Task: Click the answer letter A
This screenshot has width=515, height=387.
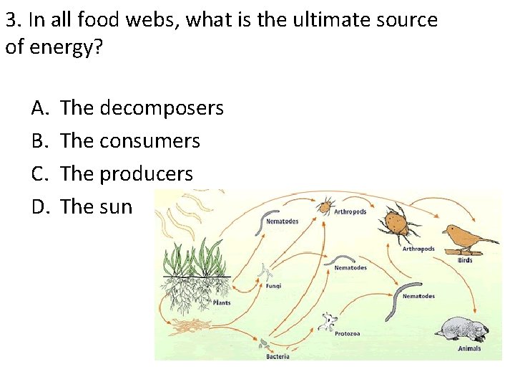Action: [39, 109]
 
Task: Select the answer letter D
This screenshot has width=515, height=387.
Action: [39, 207]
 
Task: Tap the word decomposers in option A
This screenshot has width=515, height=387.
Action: [162, 109]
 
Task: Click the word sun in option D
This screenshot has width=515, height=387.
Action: [116, 207]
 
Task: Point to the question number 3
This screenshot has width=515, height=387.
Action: [10, 20]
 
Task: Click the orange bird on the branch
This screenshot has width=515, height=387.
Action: [464, 237]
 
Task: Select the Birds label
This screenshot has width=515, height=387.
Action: [465, 260]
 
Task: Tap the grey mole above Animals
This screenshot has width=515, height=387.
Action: [463, 330]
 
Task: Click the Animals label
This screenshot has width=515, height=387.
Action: [469, 349]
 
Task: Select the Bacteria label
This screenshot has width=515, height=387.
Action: [278, 356]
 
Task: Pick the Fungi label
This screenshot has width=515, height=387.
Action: [273, 285]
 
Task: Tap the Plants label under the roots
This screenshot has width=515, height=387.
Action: [222, 303]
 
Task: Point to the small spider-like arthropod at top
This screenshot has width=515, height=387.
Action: [325, 206]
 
